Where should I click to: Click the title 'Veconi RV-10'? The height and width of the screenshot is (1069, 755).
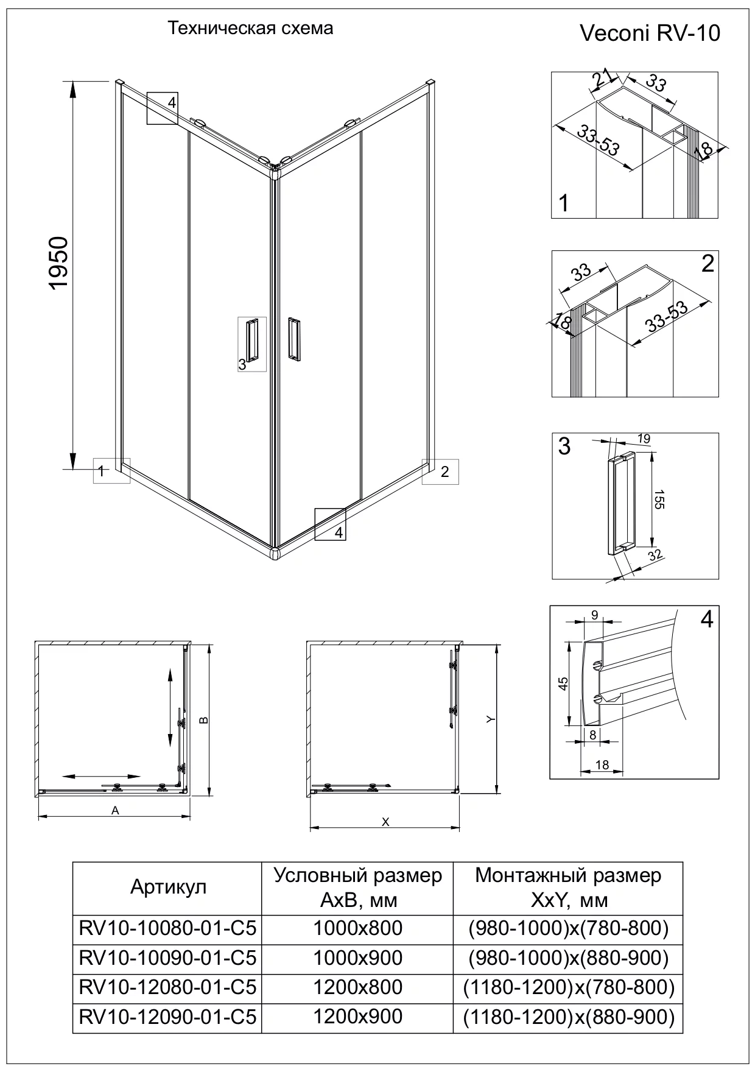(x=650, y=33)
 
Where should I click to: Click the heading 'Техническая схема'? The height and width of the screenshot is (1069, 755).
(x=250, y=29)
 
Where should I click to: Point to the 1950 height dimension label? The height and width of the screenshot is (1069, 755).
(x=59, y=263)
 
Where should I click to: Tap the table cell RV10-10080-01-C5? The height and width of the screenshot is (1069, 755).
(x=167, y=928)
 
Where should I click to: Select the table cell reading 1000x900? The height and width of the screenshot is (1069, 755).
(x=357, y=958)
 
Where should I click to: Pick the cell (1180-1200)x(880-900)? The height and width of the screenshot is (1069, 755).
(x=569, y=1017)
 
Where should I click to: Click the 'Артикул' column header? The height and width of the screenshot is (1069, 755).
(x=168, y=887)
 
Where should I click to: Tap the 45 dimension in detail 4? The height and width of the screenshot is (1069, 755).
(x=563, y=683)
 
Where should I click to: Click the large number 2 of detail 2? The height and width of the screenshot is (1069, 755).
(x=707, y=264)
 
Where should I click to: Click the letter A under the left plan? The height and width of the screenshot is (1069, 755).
(x=114, y=810)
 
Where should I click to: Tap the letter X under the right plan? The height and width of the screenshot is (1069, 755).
(x=385, y=822)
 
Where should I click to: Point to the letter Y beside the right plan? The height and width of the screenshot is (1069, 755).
(x=490, y=719)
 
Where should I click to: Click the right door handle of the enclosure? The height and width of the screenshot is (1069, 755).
(x=294, y=338)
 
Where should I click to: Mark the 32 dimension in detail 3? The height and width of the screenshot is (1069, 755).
(x=655, y=554)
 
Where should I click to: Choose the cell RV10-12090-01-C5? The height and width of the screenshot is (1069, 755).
(x=167, y=1017)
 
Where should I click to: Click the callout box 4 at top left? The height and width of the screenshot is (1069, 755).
(x=163, y=108)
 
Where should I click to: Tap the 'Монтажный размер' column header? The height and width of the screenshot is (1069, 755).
(x=567, y=887)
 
